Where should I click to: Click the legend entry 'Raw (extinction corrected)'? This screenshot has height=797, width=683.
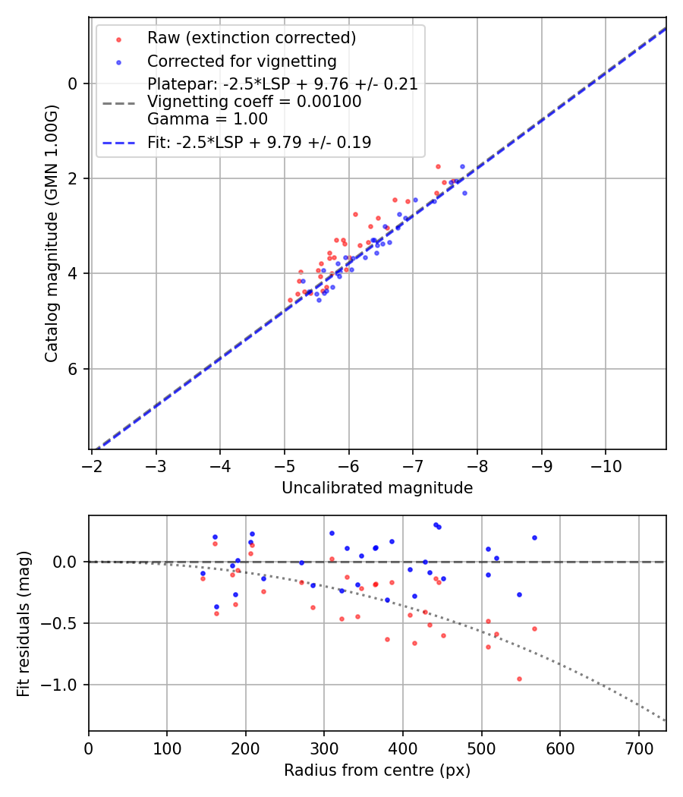(x=251, y=38)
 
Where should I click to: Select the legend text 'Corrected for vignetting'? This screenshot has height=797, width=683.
(x=241, y=61)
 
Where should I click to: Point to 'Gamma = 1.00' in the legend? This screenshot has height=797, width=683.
(x=207, y=119)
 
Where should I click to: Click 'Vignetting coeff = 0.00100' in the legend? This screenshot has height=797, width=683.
(x=254, y=102)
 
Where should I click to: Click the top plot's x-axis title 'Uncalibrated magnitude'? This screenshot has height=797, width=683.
(x=377, y=488)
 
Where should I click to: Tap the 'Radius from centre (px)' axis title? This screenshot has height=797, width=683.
(x=377, y=770)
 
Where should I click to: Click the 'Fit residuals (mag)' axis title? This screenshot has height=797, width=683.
(x=24, y=624)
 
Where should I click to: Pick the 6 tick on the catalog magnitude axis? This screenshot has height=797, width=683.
(x=74, y=369)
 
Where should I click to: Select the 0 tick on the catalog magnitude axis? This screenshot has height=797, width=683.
(x=74, y=83)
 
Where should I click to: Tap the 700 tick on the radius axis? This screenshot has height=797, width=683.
(x=638, y=747)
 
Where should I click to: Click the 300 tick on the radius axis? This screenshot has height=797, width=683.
(x=324, y=747)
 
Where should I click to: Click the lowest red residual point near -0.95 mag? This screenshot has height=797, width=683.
(x=519, y=679)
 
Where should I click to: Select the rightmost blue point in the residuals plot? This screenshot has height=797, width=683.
(x=534, y=537)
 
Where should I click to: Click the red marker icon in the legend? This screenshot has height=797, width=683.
(x=118, y=39)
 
